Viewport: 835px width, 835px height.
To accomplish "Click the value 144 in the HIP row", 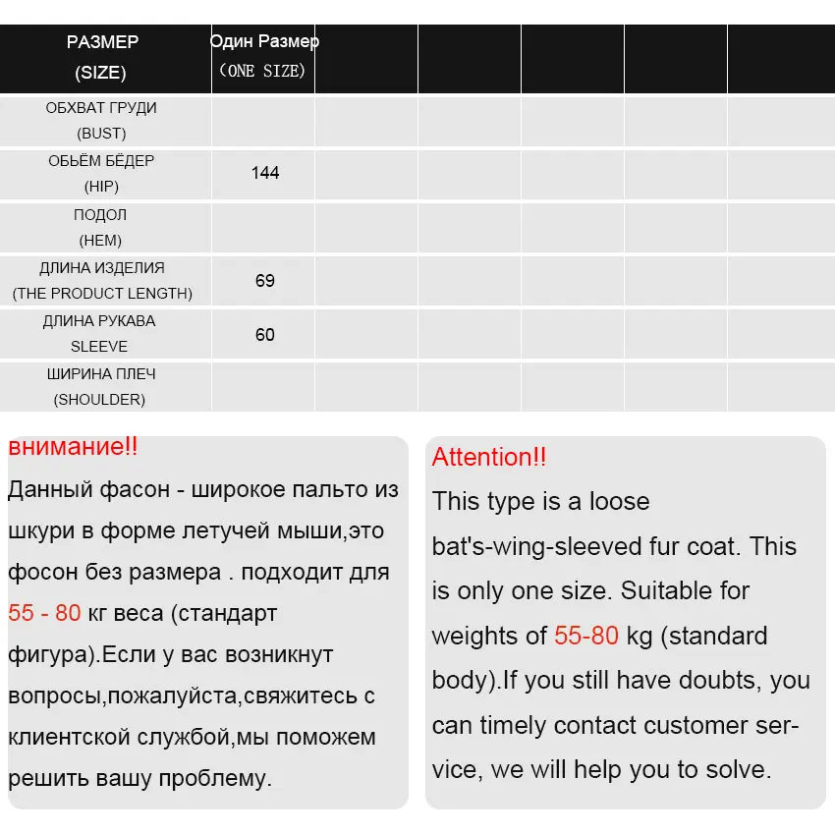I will pyautogui.click(x=265, y=173).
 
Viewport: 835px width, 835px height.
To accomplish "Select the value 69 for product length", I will pyautogui.click(x=265, y=281).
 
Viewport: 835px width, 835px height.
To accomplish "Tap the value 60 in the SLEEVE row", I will pyautogui.click(x=265, y=335).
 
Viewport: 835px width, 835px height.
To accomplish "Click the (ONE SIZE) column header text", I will pyautogui.click(x=262, y=71).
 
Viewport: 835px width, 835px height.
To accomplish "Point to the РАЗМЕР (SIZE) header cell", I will pyautogui.click(x=102, y=57).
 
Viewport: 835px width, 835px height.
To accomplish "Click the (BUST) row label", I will pyautogui.click(x=101, y=134).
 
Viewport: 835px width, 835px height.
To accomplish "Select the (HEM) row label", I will pyautogui.click(x=100, y=240).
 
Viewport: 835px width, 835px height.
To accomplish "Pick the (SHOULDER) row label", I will pyautogui.click(x=100, y=399).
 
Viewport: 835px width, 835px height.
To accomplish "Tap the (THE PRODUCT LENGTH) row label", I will pyautogui.click(x=102, y=293).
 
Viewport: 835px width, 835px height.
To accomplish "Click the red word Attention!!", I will pyautogui.click(x=489, y=457).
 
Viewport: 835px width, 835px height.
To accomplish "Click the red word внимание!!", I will pyautogui.click(x=73, y=447).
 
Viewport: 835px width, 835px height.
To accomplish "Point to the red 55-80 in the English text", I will pyautogui.click(x=586, y=636).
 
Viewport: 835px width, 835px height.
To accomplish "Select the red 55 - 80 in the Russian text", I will pyautogui.click(x=44, y=613).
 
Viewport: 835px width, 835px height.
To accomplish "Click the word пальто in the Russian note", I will pyautogui.click(x=327, y=489).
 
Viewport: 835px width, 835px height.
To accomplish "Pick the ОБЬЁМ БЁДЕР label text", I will pyautogui.click(x=101, y=160).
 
